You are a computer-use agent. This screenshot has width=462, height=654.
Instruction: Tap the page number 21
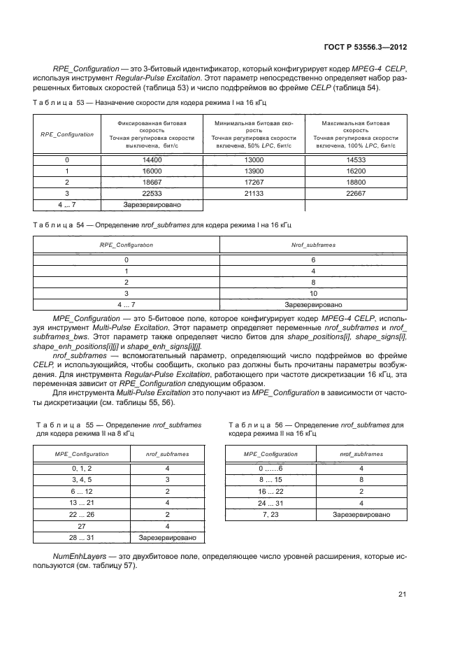point(402,595)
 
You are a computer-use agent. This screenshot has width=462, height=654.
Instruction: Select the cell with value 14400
point(152,159)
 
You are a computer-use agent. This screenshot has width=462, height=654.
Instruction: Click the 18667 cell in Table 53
point(152,181)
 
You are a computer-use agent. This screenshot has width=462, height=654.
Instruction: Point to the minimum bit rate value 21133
point(254,192)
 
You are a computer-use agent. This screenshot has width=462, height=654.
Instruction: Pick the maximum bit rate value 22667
point(356,192)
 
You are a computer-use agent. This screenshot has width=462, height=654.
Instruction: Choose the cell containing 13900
point(254,171)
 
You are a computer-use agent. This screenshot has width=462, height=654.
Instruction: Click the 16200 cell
point(356,171)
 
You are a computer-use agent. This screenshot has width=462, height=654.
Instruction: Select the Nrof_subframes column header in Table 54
point(313,246)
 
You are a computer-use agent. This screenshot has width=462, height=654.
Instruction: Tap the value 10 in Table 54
point(313,294)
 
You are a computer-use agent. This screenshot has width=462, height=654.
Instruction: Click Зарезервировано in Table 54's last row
point(313,305)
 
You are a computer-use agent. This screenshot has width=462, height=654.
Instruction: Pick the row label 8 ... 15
point(270,480)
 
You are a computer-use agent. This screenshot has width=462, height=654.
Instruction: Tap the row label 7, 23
point(270,514)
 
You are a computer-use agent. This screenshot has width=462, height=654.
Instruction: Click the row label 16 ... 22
point(270,491)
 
